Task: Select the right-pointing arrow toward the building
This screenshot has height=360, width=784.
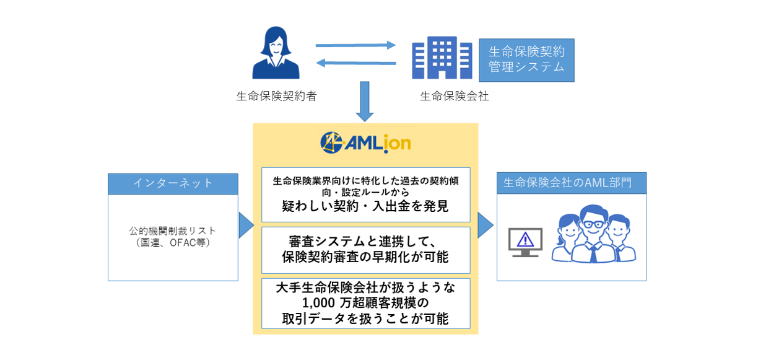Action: click(x=355, y=45)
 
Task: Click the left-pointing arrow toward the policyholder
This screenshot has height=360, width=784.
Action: click(x=355, y=63)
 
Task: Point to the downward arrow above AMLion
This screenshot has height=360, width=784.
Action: click(x=365, y=101)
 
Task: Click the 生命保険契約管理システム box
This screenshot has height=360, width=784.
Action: click(x=526, y=59)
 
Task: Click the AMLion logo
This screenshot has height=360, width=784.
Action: click(x=365, y=143)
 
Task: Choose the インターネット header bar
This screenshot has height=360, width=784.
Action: click(x=173, y=183)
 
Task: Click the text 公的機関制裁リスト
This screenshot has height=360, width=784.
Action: click(x=173, y=231)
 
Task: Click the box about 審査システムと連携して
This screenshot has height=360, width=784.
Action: click(x=365, y=250)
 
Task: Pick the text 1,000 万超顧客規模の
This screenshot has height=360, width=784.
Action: click(x=365, y=304)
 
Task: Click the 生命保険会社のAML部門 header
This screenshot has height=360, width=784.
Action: click(x=572, y=183)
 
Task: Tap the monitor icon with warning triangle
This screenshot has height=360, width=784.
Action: click(x=525, y=242)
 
